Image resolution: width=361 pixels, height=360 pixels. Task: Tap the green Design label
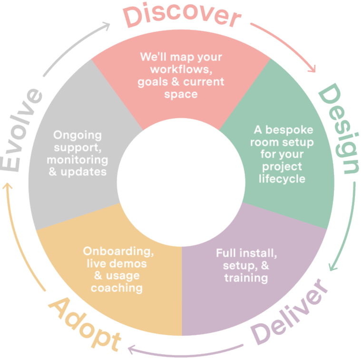339,129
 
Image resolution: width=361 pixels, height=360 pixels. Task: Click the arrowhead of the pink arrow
312,70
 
